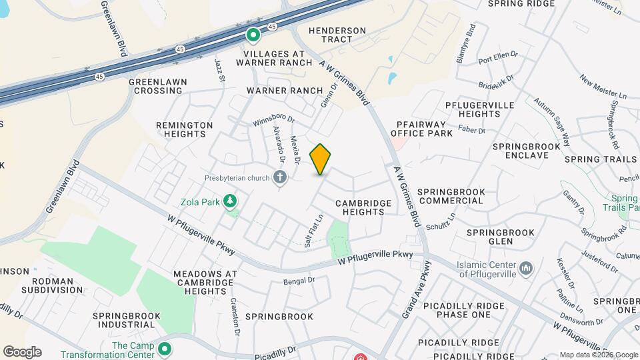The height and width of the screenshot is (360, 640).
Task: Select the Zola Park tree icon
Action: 231,200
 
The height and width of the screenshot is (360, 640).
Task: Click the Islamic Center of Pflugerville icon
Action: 526,269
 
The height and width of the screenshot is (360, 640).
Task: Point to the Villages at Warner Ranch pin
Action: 253,35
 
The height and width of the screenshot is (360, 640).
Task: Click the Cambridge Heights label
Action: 360,207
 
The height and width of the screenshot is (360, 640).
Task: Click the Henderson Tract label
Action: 338,36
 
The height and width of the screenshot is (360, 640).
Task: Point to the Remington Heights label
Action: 184,129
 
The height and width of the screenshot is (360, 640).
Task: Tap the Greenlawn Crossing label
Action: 158,86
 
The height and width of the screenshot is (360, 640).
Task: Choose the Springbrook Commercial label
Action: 451,196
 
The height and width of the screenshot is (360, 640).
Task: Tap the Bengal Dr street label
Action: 298,281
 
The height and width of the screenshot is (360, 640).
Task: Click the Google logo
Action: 22,351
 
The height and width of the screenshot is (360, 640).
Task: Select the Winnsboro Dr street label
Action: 273,121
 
